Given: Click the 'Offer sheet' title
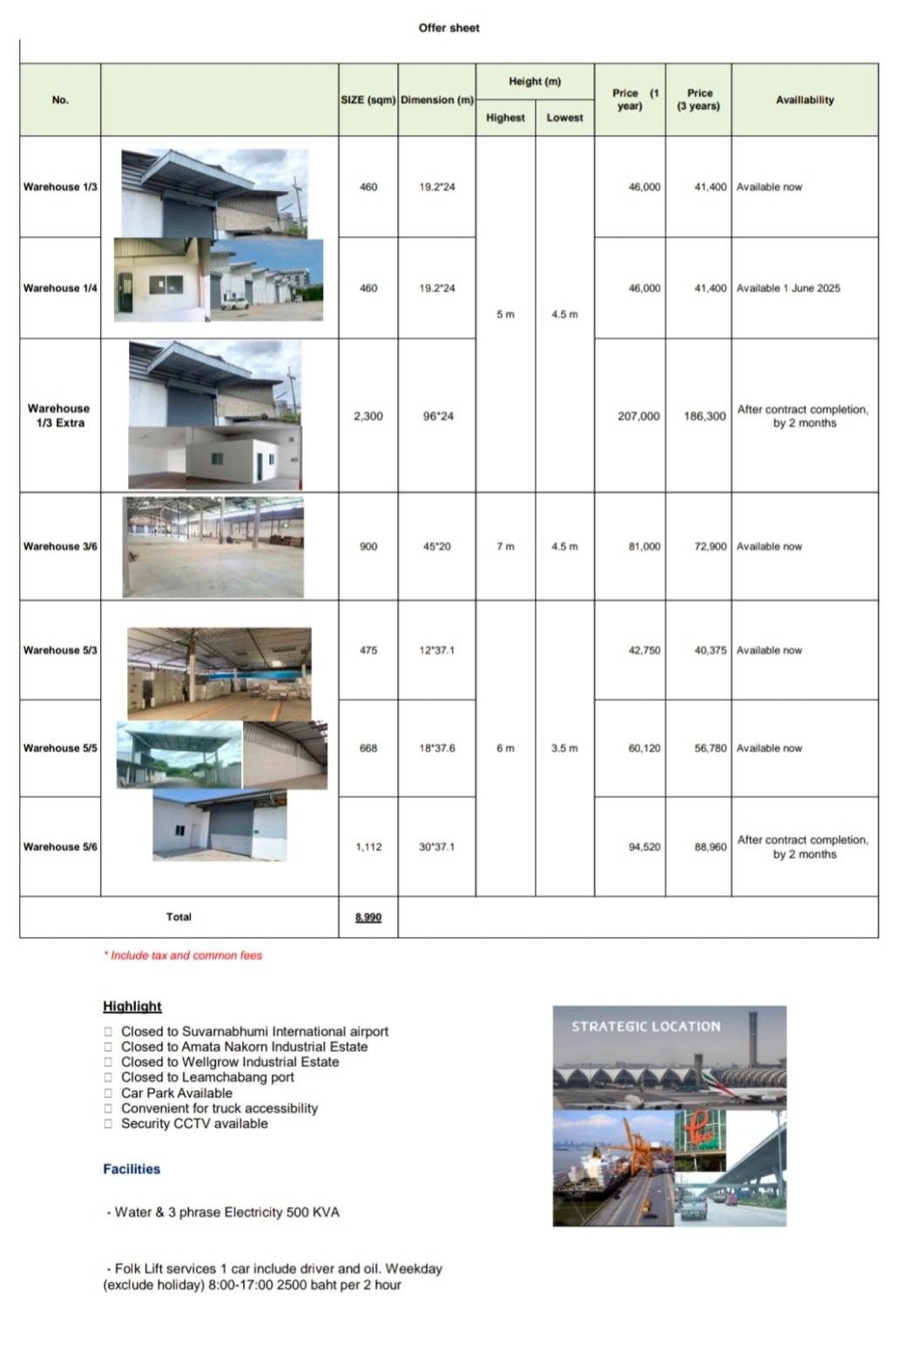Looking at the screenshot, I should [449, 28].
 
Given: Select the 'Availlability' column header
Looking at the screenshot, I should [804, 100].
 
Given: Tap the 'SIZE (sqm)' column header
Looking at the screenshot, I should [368, 100].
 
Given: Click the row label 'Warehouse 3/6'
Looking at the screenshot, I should [60, 547].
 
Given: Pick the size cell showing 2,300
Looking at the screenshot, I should [368, 416].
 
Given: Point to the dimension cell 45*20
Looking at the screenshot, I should [436, 547].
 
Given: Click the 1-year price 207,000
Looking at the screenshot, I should [638, 416].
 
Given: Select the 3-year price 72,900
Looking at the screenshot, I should [710, 547].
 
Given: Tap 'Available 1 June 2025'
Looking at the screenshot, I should [788, 288].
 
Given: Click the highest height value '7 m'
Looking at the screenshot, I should [505, 547].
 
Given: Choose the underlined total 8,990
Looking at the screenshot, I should [368, 917].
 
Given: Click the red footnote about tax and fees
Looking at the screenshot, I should [183, 955].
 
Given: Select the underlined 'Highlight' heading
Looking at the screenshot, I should [132, 1006].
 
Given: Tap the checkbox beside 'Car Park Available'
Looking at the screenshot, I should [109, 1093].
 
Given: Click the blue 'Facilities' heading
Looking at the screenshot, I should [132, 1169].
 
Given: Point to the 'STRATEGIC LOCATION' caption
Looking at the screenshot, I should [645, 1027].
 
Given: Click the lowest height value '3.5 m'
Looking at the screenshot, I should [564, 748].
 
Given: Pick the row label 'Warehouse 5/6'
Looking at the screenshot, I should [60, 847].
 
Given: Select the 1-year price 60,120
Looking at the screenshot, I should [644, 748].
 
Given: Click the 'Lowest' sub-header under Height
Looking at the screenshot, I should [564, 118].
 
